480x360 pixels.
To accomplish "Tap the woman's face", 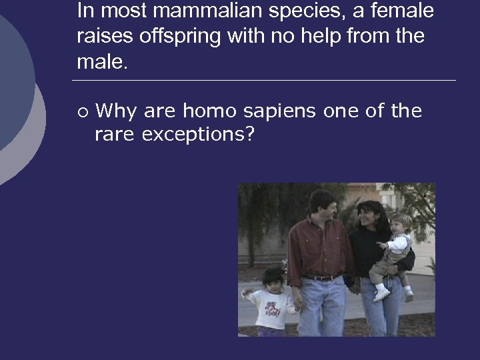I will pos(367,215).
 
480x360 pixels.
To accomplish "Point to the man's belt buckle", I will pos(323,277).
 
